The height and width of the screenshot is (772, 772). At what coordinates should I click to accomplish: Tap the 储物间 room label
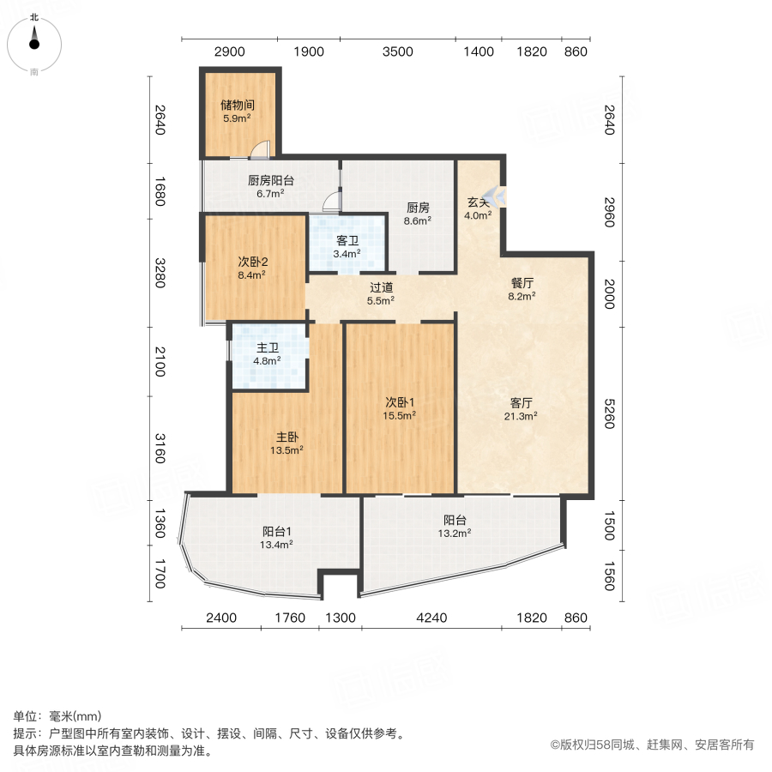point(237,105)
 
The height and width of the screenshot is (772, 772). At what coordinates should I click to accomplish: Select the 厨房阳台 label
point(270,180)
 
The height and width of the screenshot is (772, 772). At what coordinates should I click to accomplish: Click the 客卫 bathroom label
point(347,240)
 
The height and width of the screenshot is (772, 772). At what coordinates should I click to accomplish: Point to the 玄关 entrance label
point(478,202)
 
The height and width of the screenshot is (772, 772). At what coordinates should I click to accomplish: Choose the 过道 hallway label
point(381,287)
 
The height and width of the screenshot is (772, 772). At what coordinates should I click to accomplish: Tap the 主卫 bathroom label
point(268,348)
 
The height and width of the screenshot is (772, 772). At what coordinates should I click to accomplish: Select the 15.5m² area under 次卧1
point(399,415)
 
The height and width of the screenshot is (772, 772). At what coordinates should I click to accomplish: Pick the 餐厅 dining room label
point(522,282)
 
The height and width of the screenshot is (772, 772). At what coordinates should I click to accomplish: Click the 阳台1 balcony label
point(277,530)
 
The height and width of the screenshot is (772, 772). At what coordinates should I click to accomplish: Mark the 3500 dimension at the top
point(398,51)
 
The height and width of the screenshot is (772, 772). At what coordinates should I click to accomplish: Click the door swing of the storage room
point(259,151)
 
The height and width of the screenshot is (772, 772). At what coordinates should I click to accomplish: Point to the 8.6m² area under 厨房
point(417,220)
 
